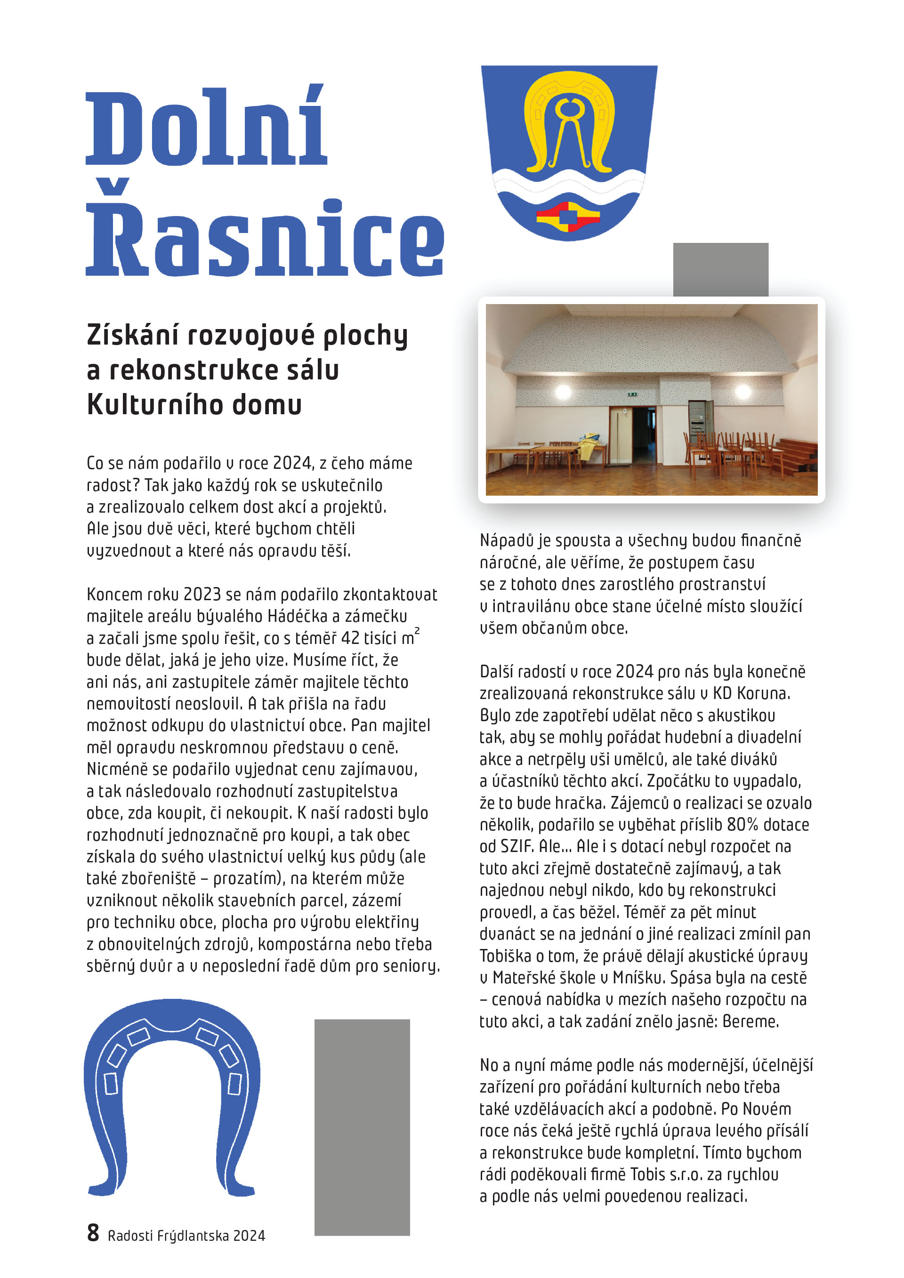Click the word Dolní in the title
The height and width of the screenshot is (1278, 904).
point(206,127)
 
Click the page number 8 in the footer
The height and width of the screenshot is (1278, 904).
point(93,1233)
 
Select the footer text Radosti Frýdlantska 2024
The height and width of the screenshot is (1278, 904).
point(186,1236)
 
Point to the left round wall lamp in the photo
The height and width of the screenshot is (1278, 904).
point(563,391)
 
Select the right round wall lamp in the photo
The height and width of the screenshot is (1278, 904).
point(743,391)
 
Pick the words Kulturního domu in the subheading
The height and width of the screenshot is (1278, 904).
point(194,405)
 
